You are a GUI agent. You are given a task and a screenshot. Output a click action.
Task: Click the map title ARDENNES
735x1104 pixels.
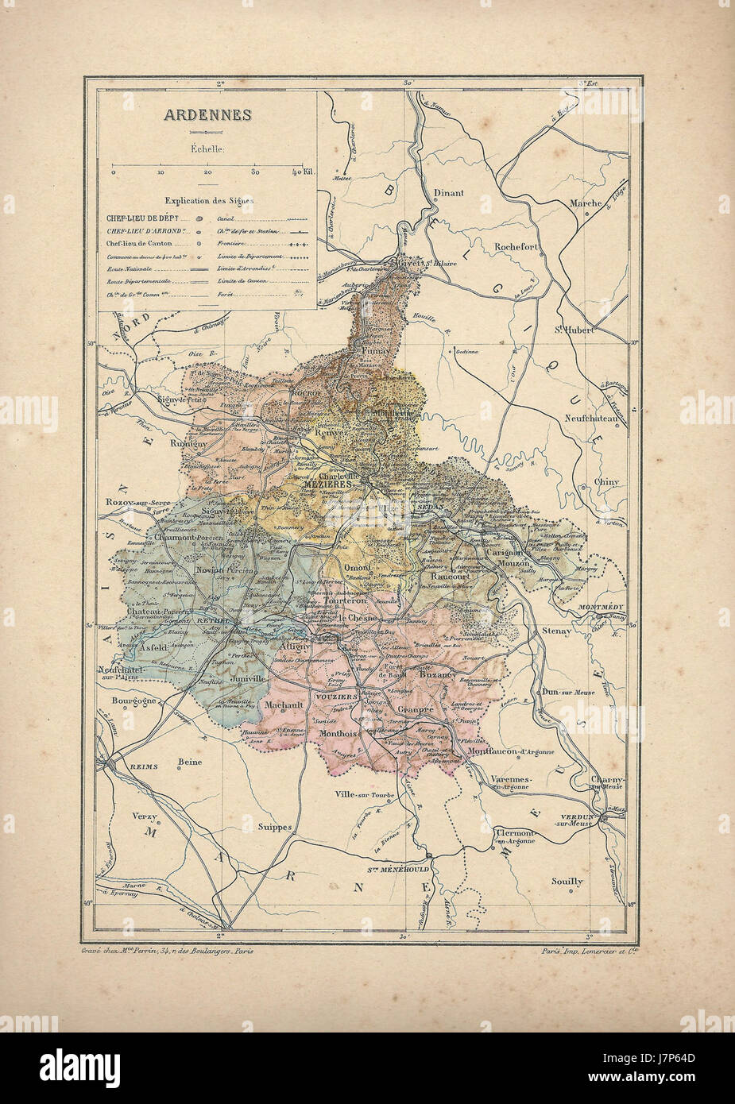pyautogui.click(x=207, y=114)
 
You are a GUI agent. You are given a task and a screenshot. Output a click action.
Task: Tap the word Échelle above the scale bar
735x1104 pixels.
pyautogui.click(x=207, y=148)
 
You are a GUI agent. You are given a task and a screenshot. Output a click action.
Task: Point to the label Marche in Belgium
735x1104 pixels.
pyautogui.click(x=586, y=203)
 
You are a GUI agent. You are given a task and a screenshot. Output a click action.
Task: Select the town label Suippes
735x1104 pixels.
pyautogui.click(x=275, y=826)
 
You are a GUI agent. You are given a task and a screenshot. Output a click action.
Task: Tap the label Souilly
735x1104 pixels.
pyautogui.click(x=567, y=881)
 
